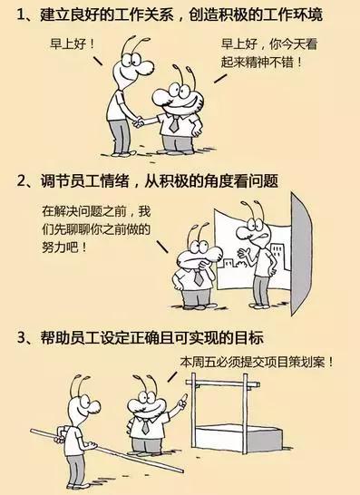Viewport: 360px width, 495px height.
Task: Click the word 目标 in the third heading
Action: coord(249,339)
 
